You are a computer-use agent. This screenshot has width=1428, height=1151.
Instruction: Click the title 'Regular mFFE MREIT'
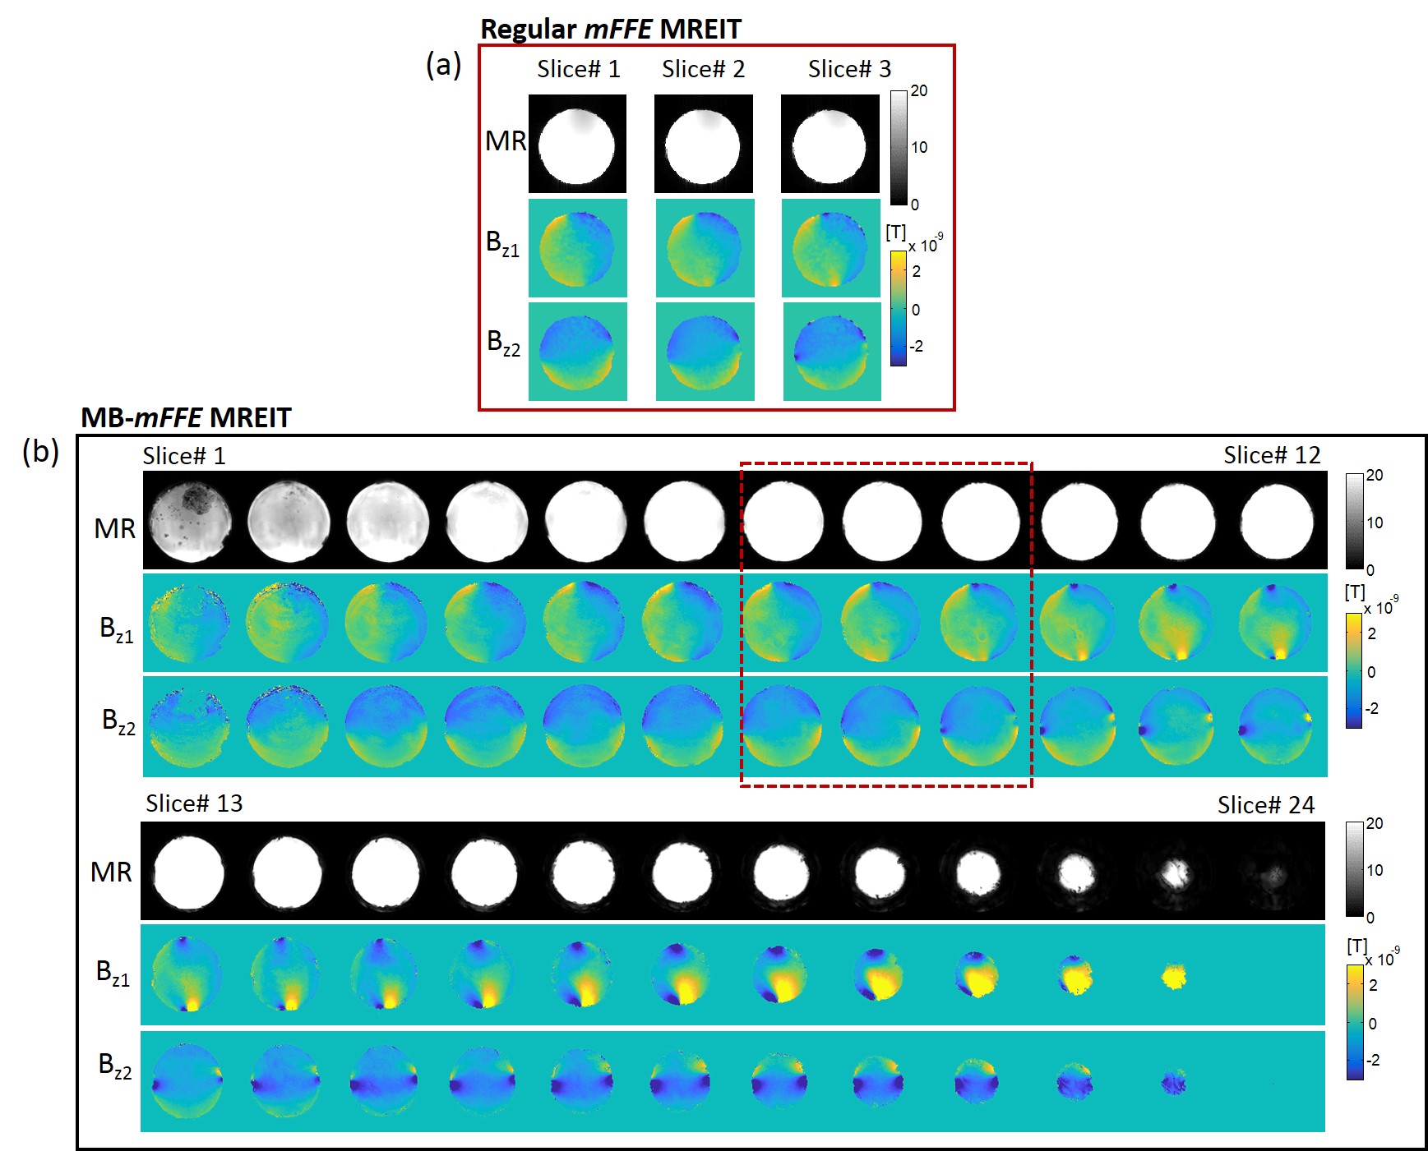pos(610,30)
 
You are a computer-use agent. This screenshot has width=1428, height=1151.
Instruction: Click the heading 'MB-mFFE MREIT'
pos(186,417)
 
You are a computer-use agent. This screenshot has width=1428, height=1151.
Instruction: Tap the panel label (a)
pos(443,64)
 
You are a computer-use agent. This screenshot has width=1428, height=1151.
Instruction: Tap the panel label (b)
pos(40,450)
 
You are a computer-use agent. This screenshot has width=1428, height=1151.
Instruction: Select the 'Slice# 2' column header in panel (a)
pos(703,69)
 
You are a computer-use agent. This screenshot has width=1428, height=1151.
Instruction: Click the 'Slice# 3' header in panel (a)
pos(849,69)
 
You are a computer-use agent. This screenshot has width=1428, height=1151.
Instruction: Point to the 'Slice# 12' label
pos(1271,455)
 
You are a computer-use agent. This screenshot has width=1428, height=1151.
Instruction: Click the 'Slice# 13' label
pos(194,803)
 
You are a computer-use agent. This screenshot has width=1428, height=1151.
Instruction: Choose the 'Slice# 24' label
pos(1265,805)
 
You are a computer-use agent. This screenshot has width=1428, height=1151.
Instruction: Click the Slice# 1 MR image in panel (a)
pos(577,145)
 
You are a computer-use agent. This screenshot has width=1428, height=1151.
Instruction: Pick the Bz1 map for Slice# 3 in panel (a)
pos(830,248)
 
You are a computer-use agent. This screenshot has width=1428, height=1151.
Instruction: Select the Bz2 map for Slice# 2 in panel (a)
pos(705,352)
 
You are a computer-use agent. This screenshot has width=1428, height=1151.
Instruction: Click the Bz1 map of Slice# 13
pos(187,974)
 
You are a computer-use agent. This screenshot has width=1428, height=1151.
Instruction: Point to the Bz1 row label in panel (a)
pos(502,244)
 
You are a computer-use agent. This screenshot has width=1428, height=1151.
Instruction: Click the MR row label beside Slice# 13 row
pos(111,872)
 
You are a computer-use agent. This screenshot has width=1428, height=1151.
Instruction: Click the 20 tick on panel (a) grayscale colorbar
pos(919,90)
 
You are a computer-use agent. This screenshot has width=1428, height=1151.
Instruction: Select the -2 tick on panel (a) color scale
pos(916,346)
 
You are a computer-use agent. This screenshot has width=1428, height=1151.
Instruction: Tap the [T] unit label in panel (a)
pos(895,233)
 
